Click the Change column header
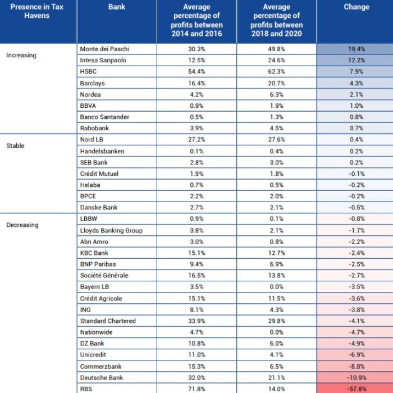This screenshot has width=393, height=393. (357, 7)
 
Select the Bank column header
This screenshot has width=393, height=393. (117, 7)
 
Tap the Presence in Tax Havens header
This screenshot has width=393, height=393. (37, 11)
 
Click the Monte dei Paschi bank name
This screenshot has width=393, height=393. (105, 49)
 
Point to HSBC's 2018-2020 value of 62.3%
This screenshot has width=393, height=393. (276, 71)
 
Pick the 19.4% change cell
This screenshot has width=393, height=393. (357, 49)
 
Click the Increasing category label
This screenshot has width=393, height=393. (21, 55)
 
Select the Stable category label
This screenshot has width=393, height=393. (15, 145)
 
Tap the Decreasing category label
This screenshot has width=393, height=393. (22, 225)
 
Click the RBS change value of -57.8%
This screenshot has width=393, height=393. (357, 389)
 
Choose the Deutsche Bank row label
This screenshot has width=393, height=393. (102, 378)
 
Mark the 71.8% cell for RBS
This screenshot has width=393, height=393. (196, 389)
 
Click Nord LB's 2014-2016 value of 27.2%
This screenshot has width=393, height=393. (196, 139)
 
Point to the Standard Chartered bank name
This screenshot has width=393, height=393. (108, 321)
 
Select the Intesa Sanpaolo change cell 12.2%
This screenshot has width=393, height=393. (357, 60)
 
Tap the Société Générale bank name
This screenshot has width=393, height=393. (104, 275)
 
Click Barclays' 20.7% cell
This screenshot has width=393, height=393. (276, 83)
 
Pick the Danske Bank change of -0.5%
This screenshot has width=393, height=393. (357, 208)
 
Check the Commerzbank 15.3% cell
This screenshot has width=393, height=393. (196, 367)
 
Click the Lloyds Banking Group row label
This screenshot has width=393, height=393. (111, 231)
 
